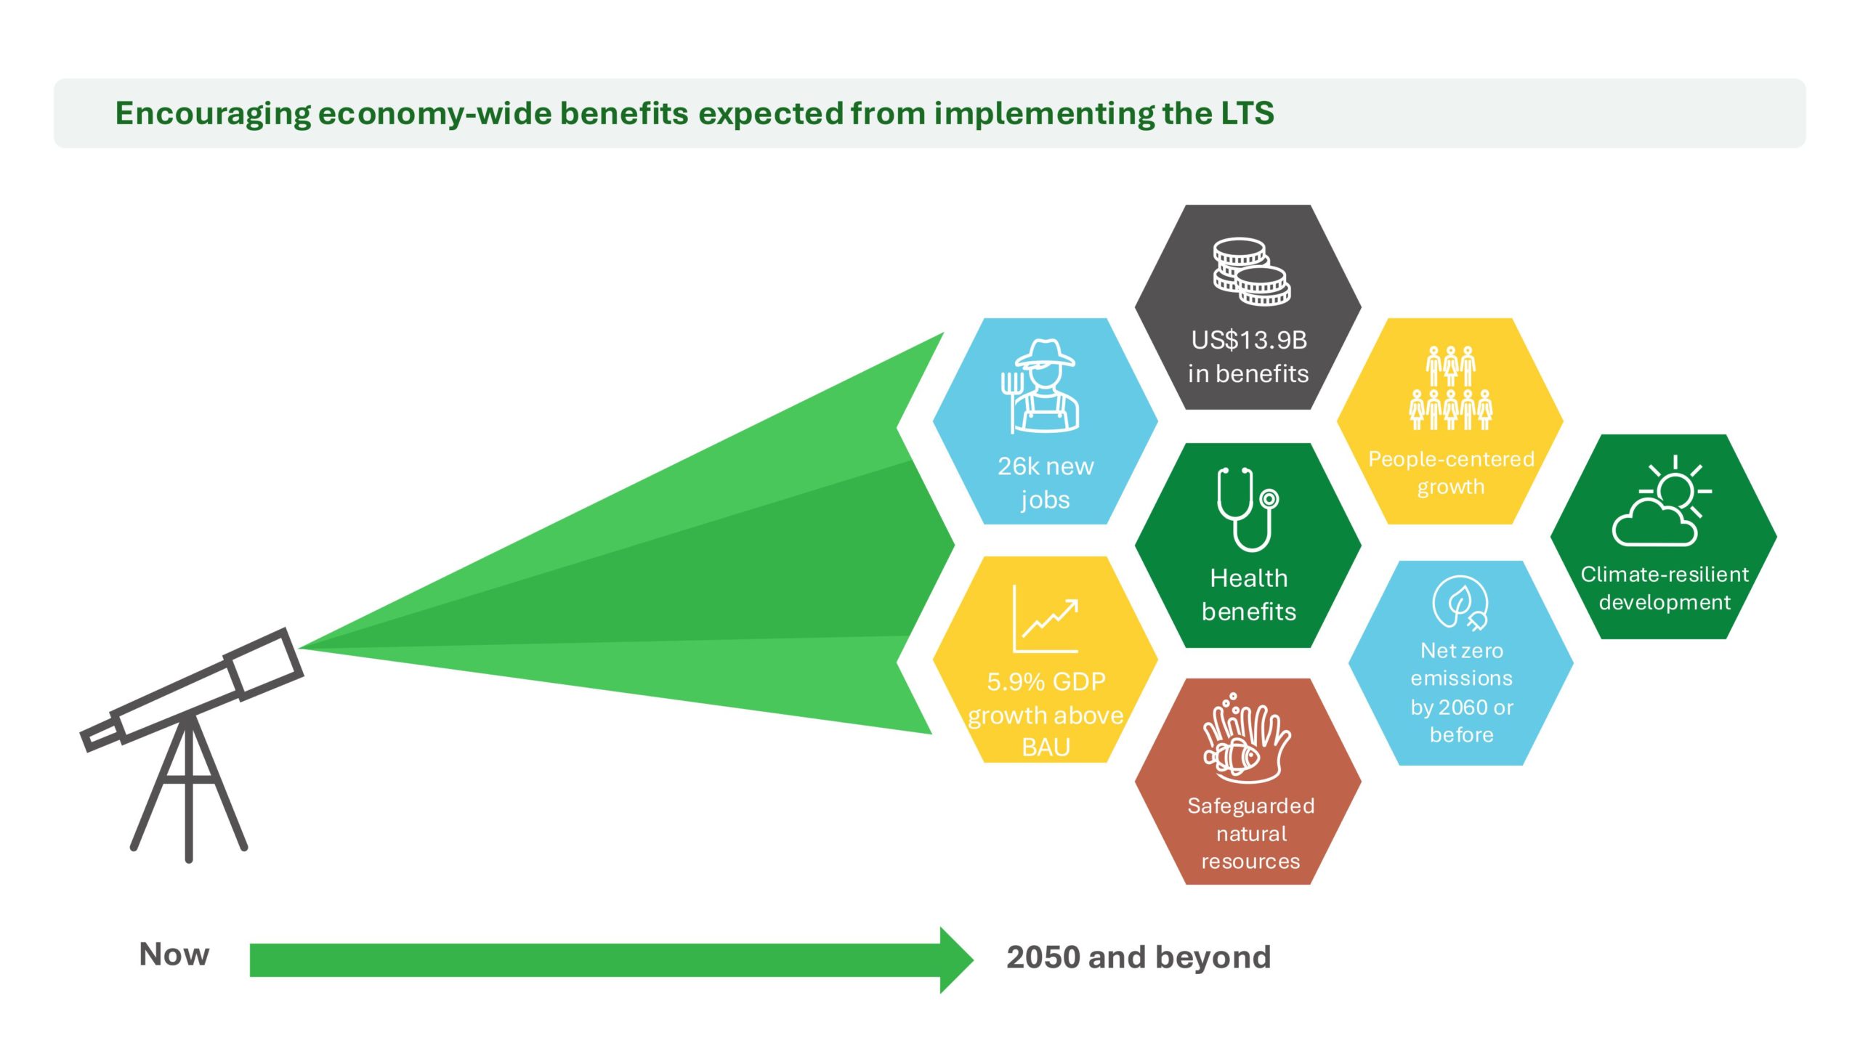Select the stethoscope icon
[1247, 508]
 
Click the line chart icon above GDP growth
[1045, 619]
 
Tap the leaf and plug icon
[1460, 602]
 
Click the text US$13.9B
[1248, 340]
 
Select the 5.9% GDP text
[1046, 681]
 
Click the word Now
[174, 954]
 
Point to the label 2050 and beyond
[1139, 957]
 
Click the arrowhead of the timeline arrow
[956, 960]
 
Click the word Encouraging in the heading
[213, 114]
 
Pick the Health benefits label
[1248, 595]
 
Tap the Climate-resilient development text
[1664, 588]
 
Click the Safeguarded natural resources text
[1250, 833]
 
